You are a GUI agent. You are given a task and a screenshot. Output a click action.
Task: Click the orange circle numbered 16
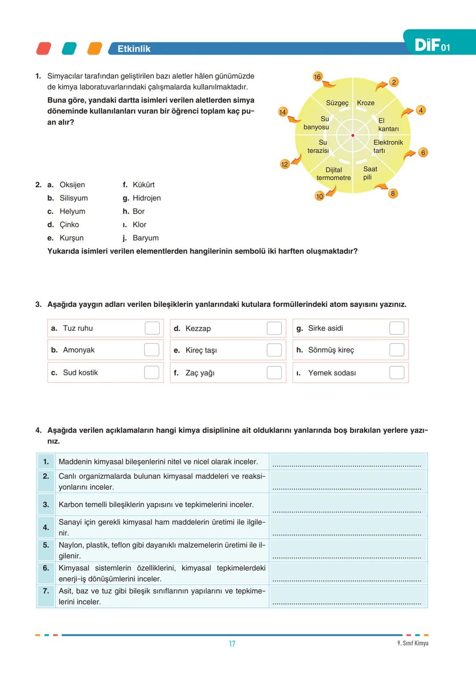pos(317,77)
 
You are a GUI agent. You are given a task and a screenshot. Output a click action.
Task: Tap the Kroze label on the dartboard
pos(365,103)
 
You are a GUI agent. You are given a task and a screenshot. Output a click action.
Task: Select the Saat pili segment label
pos(369,173)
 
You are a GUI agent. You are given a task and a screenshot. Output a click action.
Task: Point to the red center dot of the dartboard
pos(353,135)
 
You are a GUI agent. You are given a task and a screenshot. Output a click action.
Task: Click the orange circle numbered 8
pos(393,193)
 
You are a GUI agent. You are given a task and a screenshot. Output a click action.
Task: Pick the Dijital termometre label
pos(334,174)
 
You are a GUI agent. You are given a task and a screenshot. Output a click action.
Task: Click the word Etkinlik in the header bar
pos(134,49)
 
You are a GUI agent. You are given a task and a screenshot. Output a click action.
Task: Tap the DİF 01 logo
pos(432,45)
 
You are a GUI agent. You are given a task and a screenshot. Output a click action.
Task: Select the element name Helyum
pos(72,211)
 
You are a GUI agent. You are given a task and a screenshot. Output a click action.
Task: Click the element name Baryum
pos(145,238)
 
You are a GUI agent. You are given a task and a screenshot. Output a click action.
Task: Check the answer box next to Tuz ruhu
pos(152,328)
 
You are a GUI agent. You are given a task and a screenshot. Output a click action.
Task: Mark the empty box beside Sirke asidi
pos(397,328)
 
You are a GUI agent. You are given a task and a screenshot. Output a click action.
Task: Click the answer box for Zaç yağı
pos(274,373)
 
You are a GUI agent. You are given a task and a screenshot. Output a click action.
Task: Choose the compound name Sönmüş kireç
pos(331,350)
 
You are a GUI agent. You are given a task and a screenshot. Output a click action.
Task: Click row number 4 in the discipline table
pos(46,527)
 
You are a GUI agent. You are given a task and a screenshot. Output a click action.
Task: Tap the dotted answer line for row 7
pos(347,602)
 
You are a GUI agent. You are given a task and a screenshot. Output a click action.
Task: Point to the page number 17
pos(232,644)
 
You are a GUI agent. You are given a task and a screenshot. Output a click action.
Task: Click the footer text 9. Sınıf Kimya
pos(413,643)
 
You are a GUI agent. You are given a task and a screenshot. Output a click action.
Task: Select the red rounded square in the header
pos(44,48)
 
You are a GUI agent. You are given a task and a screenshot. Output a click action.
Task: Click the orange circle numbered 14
pos(283,112)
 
